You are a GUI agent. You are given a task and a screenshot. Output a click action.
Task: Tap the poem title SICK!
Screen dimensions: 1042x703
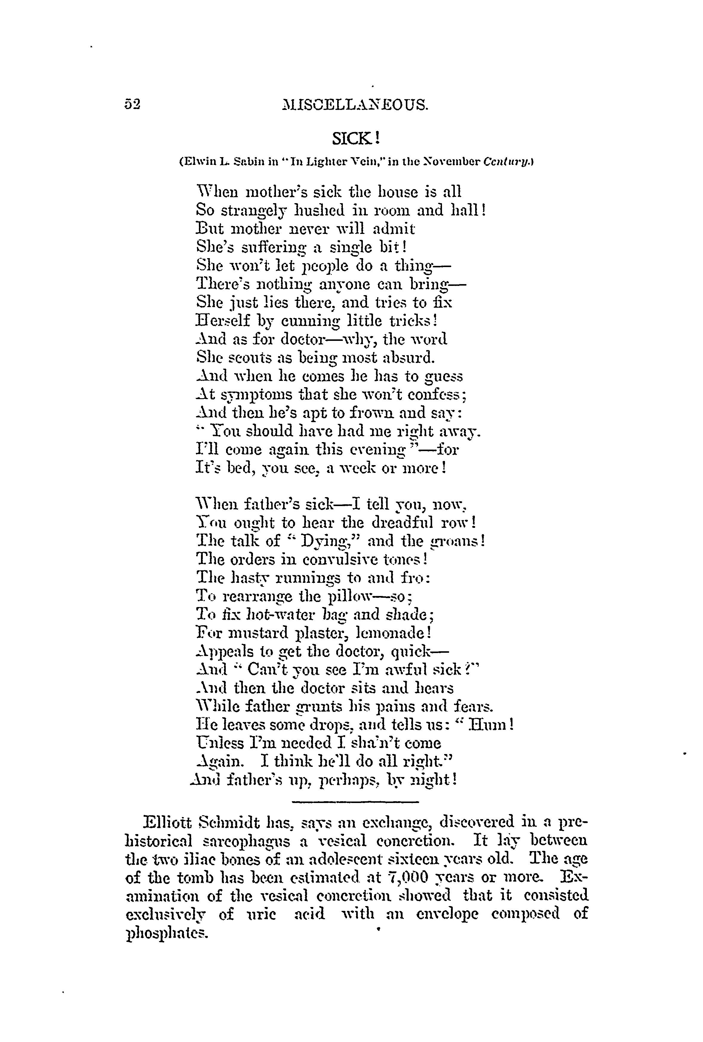coord(357,138)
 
